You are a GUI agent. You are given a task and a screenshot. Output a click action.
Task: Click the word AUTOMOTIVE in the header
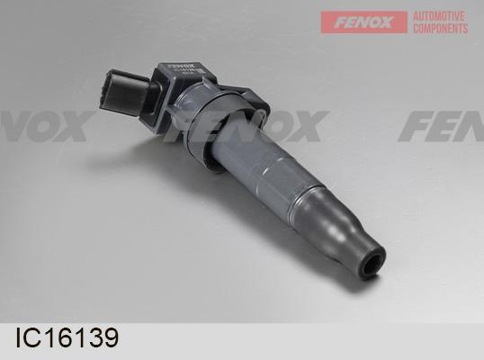tap(440, 16)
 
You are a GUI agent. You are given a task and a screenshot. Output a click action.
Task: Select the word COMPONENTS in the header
tap(440, 29)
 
